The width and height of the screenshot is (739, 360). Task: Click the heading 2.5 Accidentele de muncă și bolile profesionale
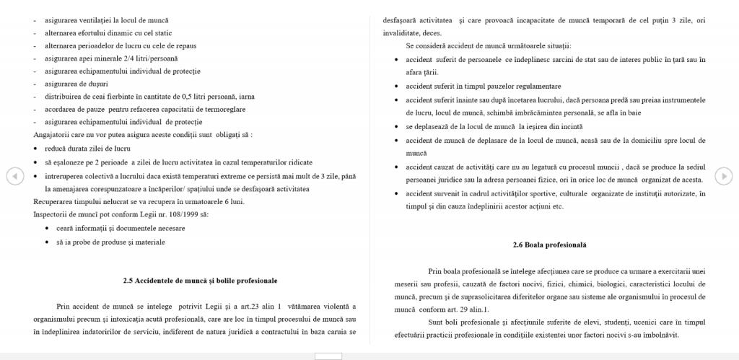[200, 280]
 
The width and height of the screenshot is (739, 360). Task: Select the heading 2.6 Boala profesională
[549, 245]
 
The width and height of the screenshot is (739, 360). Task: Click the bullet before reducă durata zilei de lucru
[35, 147]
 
